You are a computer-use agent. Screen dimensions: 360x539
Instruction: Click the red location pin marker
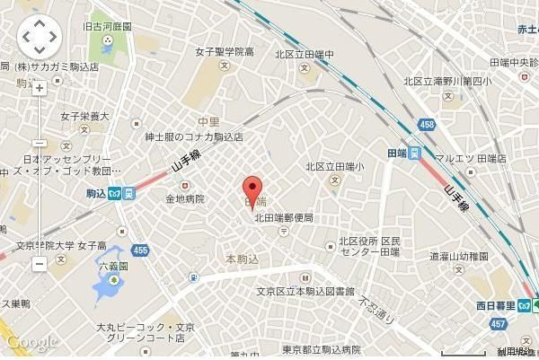[x=253, y=189]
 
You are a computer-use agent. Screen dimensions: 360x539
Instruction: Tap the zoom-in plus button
[x=39, y=88]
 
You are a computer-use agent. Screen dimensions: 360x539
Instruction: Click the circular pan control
[x=39, y=38]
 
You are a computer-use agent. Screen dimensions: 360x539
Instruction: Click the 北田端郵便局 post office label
[x=283, y=218]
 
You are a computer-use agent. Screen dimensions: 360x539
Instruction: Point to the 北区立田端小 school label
[x=334, y=166]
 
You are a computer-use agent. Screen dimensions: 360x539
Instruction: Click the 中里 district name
[x=209, y=120]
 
